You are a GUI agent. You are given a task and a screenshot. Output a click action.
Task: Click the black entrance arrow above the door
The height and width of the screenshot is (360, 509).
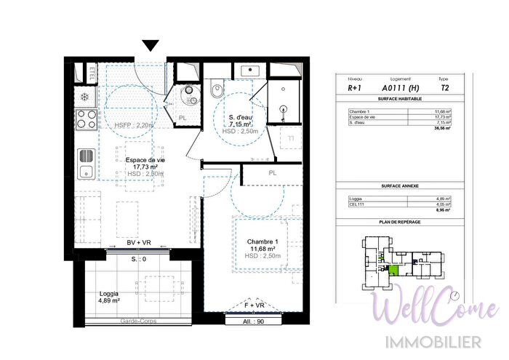coord(151,46)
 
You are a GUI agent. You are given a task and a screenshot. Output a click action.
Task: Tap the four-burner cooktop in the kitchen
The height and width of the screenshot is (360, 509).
coord(87,119)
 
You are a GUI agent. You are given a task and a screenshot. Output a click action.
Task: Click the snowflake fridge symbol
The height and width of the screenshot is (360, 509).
coord(84,97)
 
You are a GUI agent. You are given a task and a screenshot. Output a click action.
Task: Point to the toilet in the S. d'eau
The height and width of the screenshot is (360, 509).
coord(215,92)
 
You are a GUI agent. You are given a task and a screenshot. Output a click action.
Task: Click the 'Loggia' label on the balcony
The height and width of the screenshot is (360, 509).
coord(110,295)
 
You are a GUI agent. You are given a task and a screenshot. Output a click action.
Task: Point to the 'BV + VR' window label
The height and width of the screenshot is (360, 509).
coord(138,243)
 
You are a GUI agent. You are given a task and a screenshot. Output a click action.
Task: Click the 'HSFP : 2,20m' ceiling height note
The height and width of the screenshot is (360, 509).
coord(135,125)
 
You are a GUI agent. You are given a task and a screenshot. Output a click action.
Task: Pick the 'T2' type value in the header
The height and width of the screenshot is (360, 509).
coord(444,87)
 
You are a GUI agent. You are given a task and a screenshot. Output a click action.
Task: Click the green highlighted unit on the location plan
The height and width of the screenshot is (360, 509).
coord(393,271)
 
